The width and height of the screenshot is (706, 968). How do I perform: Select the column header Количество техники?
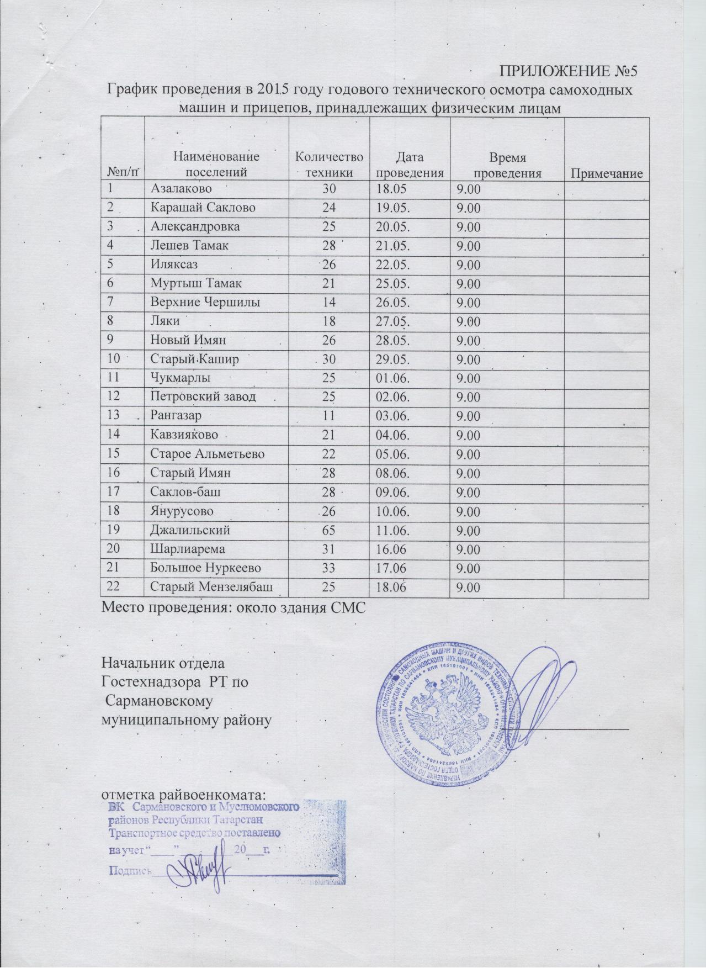(329, 165)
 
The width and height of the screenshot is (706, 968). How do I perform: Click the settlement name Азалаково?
(182, 189)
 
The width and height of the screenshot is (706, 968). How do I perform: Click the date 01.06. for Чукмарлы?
(392, 379)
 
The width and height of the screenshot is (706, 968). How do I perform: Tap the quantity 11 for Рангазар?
(329, 417)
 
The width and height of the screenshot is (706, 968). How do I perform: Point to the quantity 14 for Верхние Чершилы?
(329, 303)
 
